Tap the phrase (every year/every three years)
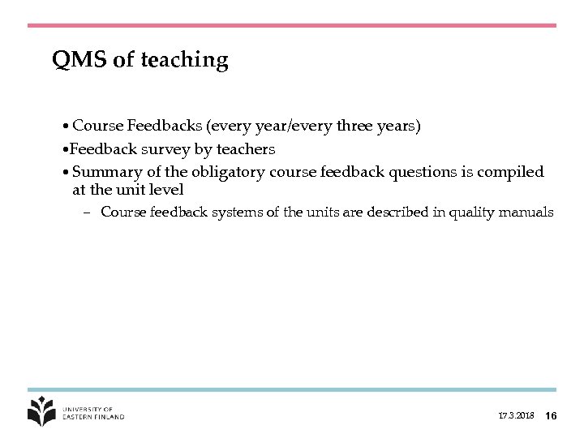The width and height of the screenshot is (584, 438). click(x=313, y=127)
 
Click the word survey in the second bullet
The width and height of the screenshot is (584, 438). click(x=163, y=150)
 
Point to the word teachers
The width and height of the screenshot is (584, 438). click(x=245, y=149)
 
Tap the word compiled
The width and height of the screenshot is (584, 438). click(x=513, y=172)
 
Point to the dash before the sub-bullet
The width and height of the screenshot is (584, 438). click(x=86, y=213)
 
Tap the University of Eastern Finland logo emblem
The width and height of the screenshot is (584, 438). click(x=42, y=411)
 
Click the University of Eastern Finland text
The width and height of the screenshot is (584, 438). click(x=93, y=413)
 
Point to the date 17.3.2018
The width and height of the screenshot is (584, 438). click(x=516, y=416)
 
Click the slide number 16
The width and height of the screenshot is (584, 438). click(x=551, y=416)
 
